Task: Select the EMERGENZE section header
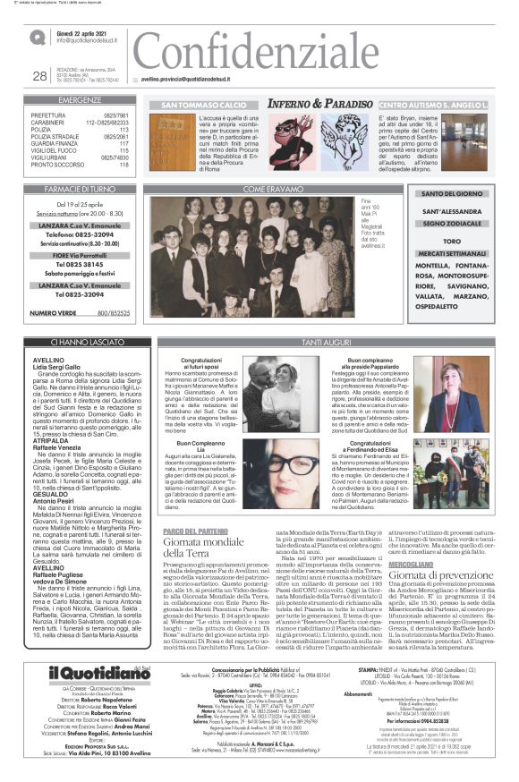click(x=80, y=100)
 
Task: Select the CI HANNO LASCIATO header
click(x=80, y=341)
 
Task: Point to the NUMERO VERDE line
click(x=80, y=313)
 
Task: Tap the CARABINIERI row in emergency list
click(x=80, y=123)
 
